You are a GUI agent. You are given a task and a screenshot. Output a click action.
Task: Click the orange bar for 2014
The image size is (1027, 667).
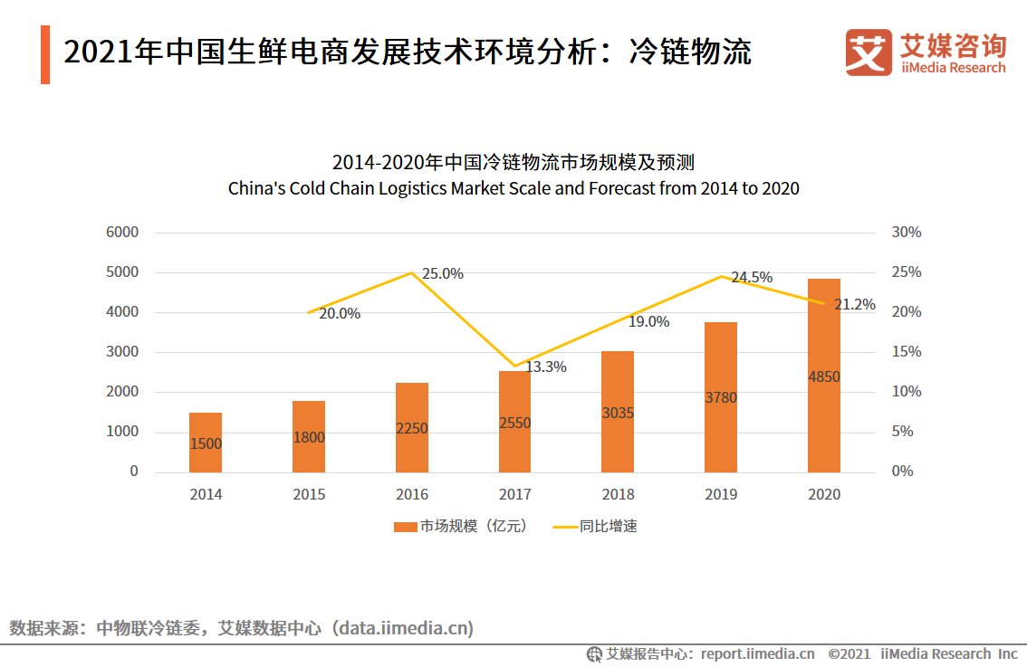tap(205, 443)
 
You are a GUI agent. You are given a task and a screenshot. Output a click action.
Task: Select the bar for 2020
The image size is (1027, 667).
tap(823, 376)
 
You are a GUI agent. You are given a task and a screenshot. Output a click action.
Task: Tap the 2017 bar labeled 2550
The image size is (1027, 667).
tap(514, 422)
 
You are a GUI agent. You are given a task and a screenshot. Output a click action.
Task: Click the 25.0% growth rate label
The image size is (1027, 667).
tap(442, 273)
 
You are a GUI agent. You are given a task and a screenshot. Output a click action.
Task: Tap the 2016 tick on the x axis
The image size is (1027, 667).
tap(411, 494)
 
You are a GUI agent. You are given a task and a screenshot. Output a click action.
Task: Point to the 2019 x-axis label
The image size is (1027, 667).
tap(721, 494)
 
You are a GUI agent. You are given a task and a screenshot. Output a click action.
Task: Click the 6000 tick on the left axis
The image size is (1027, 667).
tap(122, 233)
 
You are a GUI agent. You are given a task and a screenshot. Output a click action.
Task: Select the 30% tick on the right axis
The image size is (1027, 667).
tap(906, 233)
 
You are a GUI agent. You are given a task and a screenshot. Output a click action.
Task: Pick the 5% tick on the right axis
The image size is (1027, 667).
tap(902, 432)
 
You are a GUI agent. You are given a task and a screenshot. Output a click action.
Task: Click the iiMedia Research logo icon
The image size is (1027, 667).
tap(868, 52)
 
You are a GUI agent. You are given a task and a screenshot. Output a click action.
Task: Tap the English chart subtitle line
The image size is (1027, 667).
tap(513, 189)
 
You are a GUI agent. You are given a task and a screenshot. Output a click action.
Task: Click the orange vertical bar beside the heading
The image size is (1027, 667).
tap(45, 55)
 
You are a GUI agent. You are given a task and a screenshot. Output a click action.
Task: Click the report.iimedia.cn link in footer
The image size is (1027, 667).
tap(757, 653)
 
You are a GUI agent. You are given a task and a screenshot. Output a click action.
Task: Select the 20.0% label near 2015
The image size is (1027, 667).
tap(340, 313)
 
